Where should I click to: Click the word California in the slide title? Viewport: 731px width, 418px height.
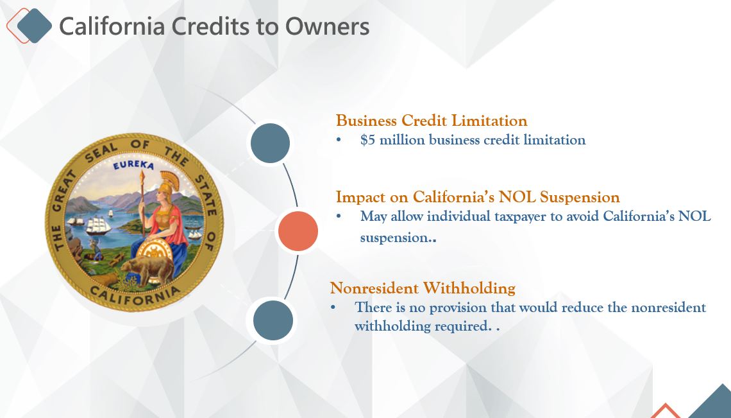(x=112, y=26)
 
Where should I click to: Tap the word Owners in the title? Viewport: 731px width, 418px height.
(x=327, y=26)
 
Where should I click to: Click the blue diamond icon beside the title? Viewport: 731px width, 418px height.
(x=34, y=26)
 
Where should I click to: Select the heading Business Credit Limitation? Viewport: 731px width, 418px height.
(x=432, y=121)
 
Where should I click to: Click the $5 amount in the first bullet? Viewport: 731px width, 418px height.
(x=367, y=139)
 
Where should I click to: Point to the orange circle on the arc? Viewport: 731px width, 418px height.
(x=298, y=231)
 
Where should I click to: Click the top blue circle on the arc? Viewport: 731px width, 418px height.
(x=270, y=143)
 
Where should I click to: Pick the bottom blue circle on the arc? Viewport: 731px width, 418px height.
(x=273, y=320)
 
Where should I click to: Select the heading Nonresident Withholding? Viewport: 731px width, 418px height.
(x=423, y=288)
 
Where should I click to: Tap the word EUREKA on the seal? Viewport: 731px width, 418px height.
(x=133, y=165)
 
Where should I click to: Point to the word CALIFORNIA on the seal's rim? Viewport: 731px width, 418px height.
(x=135, y=295)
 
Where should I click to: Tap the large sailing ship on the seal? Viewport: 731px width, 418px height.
(x=98, y=225)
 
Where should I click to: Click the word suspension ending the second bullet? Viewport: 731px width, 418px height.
(x=394, y=238)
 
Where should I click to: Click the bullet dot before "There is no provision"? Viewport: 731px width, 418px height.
(x=333, y=308)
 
